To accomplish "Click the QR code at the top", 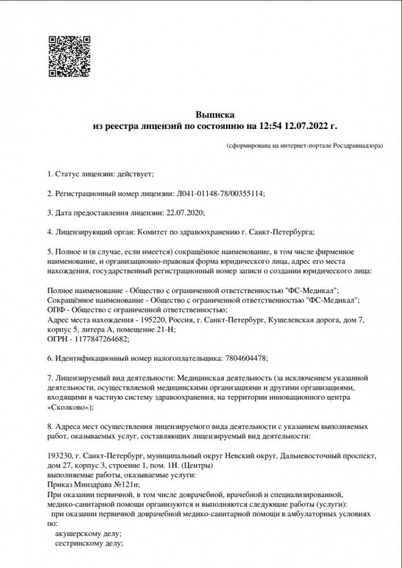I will click(68, 56).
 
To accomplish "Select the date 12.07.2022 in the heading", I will click(307, 125).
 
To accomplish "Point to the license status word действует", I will click(135, 173).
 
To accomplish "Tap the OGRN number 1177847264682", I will click(101, 339).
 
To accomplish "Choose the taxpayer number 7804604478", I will click(244, 358).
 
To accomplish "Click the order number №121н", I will click(126, 485).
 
